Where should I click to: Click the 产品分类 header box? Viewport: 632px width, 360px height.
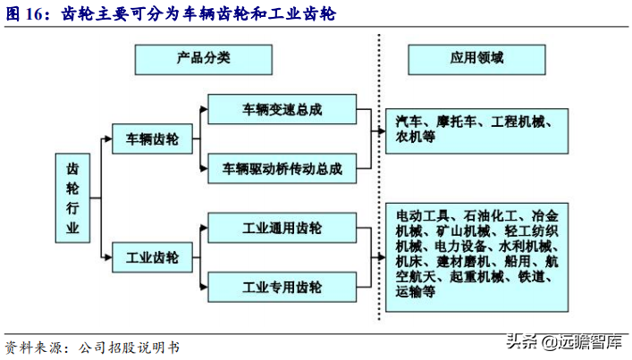(190, 58)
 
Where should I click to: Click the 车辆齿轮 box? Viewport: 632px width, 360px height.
(152, 139)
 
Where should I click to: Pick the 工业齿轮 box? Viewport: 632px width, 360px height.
(152, 258)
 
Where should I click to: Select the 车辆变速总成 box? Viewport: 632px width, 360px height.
(282, 110)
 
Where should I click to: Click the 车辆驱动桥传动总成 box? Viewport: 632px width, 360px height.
(282, 167)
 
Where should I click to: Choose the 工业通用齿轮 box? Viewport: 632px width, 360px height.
(282, 228)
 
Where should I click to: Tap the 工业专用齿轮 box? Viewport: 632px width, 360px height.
(282, 287)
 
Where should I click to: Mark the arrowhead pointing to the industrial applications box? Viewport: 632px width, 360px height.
(379, 258)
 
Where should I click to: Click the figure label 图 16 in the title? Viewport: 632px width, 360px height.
(28, 14)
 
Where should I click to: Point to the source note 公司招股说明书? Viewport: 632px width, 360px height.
(130, 346)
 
